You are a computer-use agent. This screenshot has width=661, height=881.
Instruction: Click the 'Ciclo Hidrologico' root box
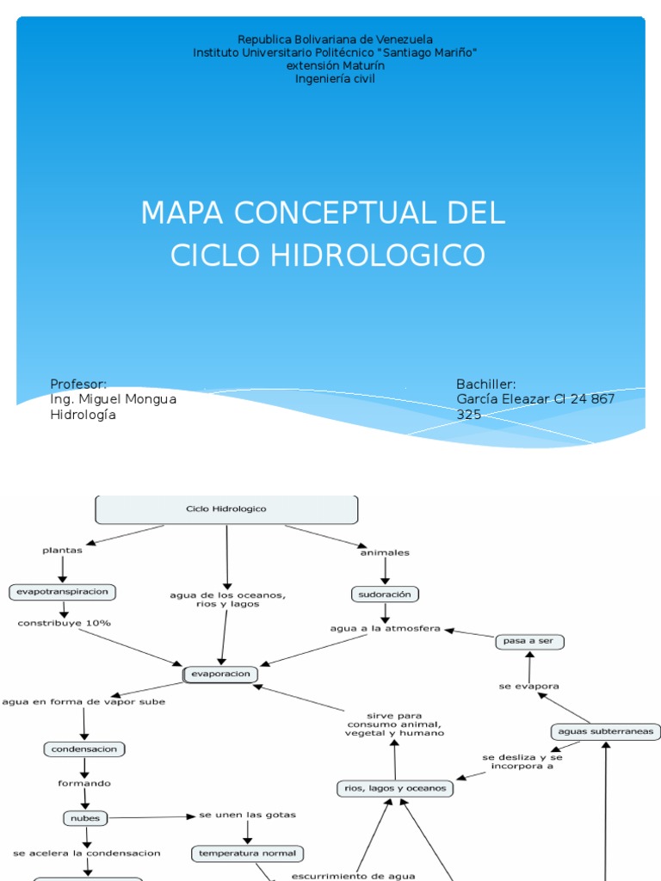[x=226, y=509]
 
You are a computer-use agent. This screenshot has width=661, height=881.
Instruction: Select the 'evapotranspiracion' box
[x=62, y=592]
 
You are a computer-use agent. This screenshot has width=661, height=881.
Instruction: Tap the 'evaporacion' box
[x=220, y=675]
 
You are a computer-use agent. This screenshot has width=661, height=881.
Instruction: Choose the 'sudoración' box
[x=385, y=594]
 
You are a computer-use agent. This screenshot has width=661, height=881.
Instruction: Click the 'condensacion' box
[x=84, y=749]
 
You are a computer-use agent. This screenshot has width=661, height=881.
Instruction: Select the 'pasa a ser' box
[x=530, y=642]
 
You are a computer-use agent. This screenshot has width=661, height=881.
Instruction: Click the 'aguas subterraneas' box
[x=605, y=732]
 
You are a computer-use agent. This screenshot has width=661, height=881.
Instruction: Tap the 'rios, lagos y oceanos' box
[x=395, y=788]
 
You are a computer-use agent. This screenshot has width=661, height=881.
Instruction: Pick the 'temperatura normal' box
[x=247, y=853]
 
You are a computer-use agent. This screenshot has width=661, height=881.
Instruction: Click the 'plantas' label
[x=62, y=551]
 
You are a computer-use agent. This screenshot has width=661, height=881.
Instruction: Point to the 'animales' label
[x=385, y=552]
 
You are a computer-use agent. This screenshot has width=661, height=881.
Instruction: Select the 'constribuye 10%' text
[x=64, y=623]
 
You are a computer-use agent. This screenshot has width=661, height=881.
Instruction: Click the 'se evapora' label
[x=529, y=686]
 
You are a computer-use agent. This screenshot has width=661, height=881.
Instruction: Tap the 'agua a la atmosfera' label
[x=385, y=629]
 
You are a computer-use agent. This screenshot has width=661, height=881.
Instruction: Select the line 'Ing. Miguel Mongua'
[x=113, y=399]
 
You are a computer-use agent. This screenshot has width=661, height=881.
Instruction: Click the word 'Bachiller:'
[x=485, y=384]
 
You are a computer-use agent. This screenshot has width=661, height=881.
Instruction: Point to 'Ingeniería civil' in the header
[x=335, y=79]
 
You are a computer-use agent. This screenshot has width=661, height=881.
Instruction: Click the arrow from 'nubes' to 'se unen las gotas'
[x=151, y=817]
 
